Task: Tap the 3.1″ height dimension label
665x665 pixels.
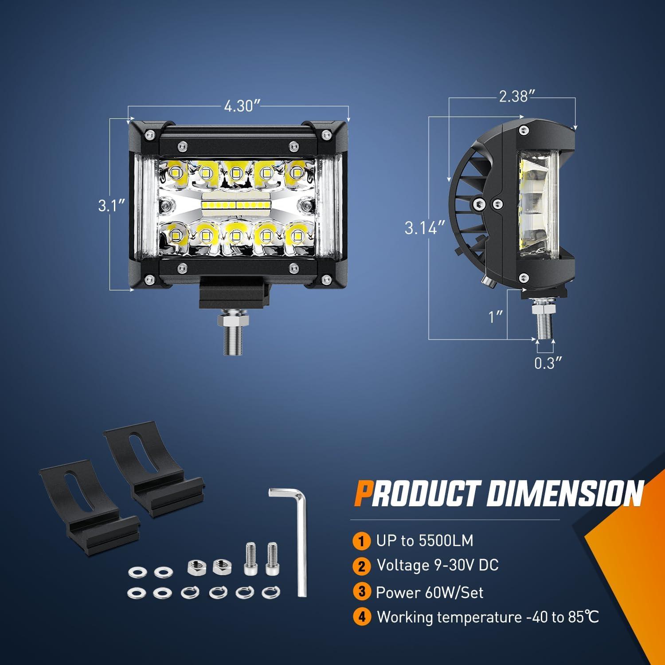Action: (x=111, y=206)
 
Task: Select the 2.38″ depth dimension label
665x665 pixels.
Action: (x=514, y=97)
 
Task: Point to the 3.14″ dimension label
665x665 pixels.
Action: (x=424, y=228)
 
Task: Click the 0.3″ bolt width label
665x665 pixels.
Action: (x=548, y=364)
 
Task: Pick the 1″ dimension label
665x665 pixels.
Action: (x=495, y=317)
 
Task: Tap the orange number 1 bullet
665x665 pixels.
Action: (x=362, y=541)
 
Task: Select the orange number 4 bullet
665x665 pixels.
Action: (x=362, y=618)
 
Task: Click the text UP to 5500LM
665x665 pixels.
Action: (x=425, y=541)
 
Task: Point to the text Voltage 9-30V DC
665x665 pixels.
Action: (x=438, y=565)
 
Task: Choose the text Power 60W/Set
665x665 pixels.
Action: (x=429, y=592)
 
